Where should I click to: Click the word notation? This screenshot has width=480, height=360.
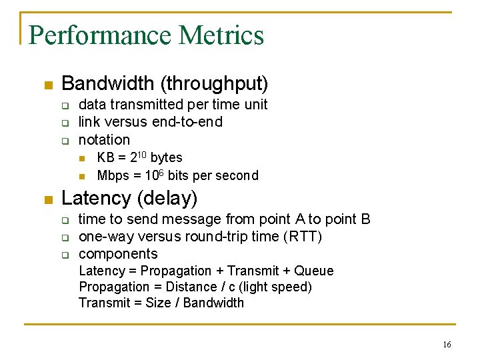[104, 140]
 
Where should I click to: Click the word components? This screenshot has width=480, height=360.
[118, 254]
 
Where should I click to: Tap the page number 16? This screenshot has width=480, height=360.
[446, 345]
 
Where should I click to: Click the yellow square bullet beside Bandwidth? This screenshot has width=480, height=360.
[47, 85]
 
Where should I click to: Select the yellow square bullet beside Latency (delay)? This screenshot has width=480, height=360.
[47, 199]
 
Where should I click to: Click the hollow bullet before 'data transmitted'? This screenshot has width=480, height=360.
[65, 105]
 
